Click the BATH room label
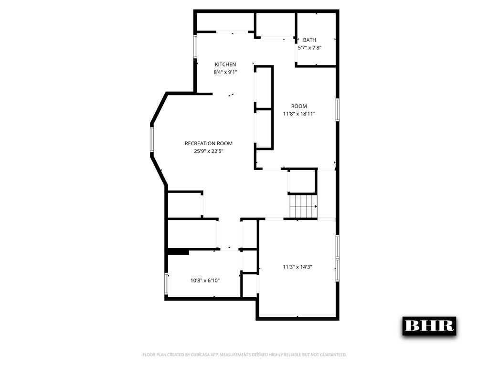coord(309,40)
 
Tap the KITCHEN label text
coord(225,65)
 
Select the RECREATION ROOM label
coord(209,143)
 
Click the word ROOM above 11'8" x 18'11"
coord(299,106)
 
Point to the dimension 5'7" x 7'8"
coord(309,48)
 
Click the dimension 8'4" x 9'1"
coord(225,72)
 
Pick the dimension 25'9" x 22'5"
coord(209,151)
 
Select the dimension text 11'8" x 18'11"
coord(299,114)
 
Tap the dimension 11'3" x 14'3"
coord(297,267)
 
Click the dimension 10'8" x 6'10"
coord(205,281)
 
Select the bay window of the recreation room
coord(152,140)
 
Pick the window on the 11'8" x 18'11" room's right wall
coord(337,110)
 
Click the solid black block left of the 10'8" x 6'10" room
coord(178,251)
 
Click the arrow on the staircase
coord(316,206)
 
